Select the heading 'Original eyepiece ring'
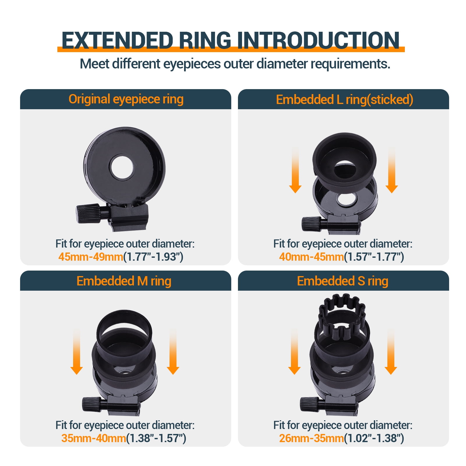tap(126, 99)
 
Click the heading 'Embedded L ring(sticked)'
tap(345, 100)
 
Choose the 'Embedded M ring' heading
tap(124, 281)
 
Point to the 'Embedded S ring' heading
tap(343, 281)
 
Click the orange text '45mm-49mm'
tap(91, 257)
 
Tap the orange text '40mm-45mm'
tap(311, 257)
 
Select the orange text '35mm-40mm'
tap(94, 438)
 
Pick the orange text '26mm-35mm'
tap(311, 438)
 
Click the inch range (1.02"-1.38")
tap(374, 438)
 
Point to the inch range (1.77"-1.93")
tap(153, 257)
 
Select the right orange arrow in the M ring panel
tap(173, 352)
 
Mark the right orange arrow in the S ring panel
tap(391, 352)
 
